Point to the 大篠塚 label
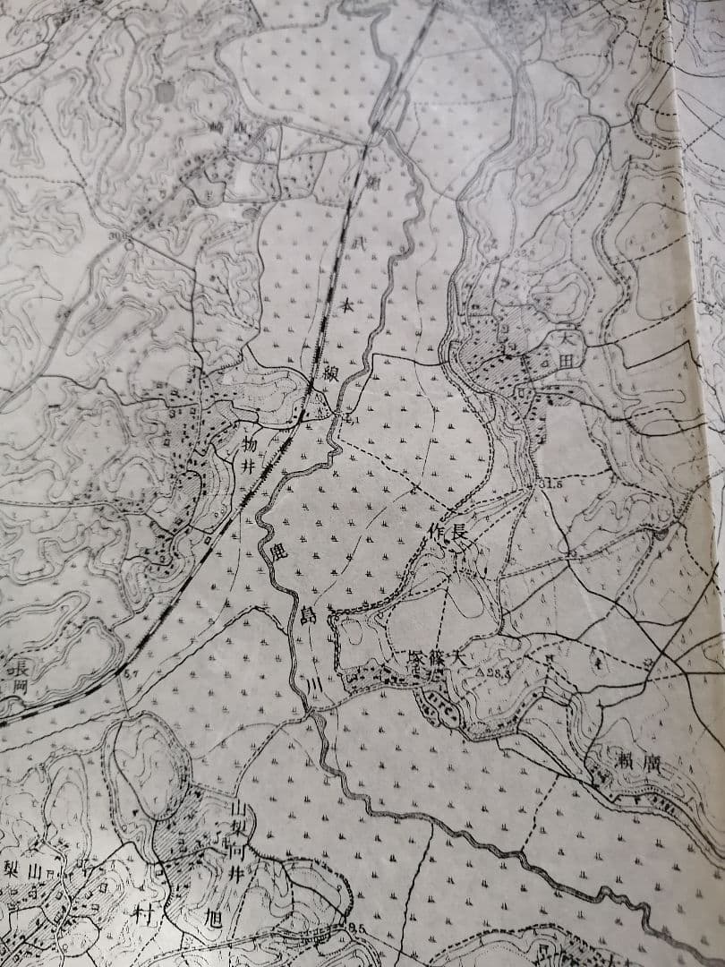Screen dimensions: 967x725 (x=436, y=658)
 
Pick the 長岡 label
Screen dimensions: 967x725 (x=17, y=677)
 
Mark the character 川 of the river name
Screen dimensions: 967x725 (x=313, y=686)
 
